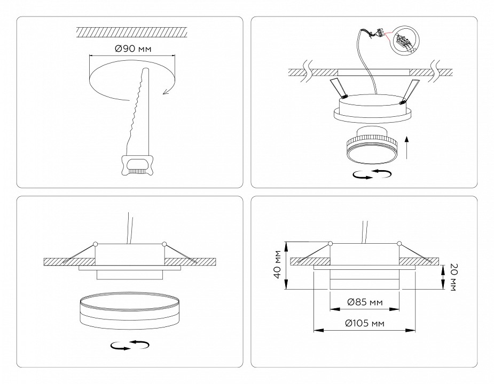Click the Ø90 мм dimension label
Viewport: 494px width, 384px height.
tap(132, 49)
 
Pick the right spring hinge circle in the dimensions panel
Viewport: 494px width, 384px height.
tap(398, 243)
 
